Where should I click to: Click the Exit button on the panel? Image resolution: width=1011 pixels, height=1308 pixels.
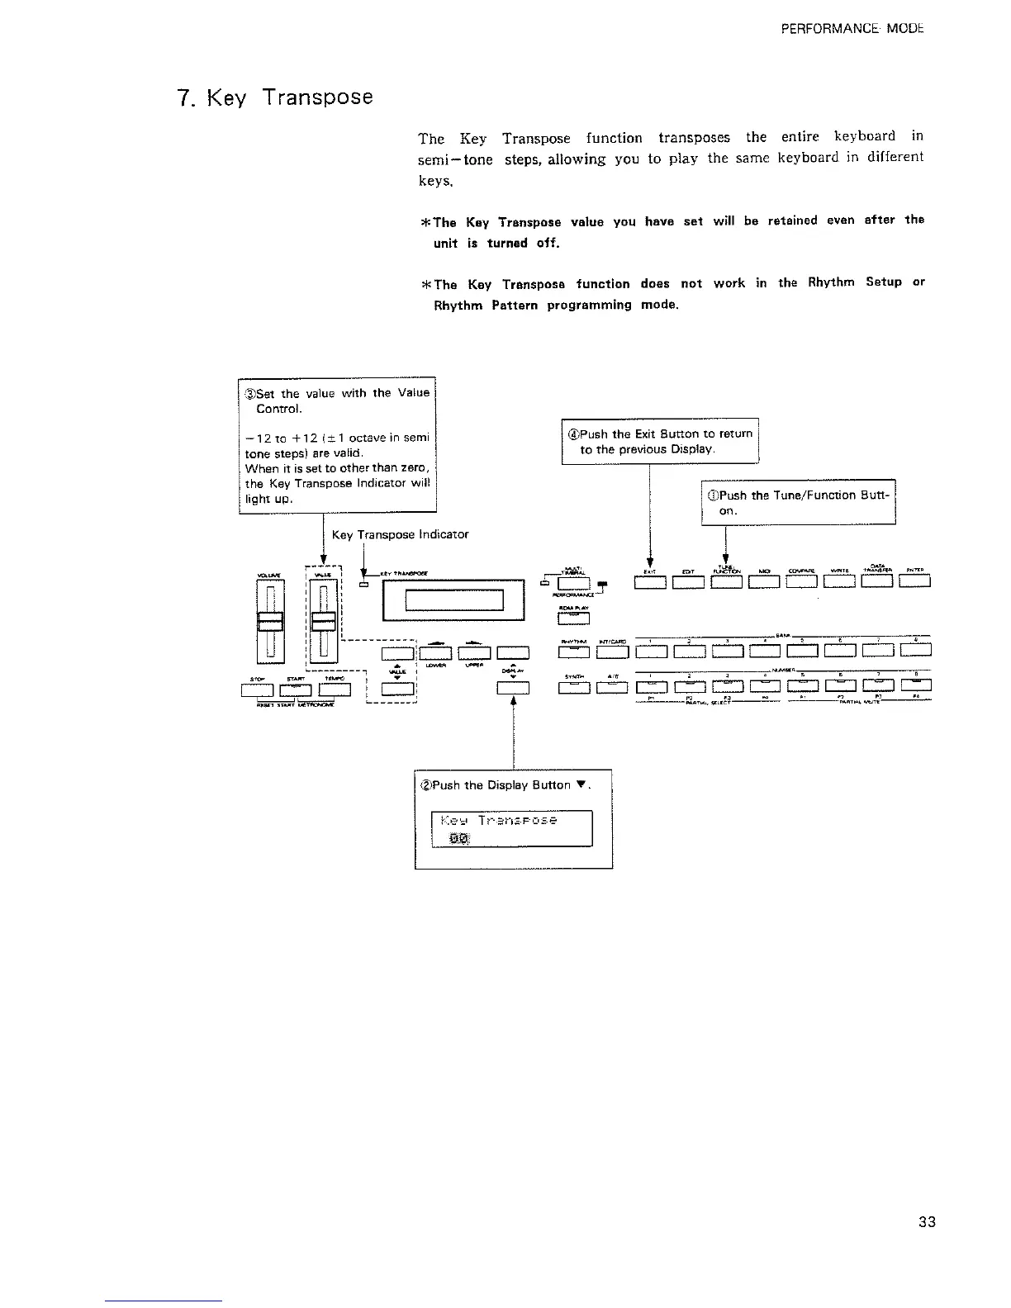coord(650,583)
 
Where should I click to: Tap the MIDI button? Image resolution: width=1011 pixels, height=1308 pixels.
coord(764,583)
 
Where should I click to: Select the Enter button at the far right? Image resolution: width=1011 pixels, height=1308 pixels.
coord(915,583)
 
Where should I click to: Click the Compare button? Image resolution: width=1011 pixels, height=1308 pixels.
coord(802,583)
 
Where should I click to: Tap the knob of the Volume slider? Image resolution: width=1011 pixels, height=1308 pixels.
coord(271,621)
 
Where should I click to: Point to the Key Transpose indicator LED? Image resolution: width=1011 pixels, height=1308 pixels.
coord(364,585)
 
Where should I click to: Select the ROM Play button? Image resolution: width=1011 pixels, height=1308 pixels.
coord(574,618)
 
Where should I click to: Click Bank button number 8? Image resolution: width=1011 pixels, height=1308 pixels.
coord(916,650)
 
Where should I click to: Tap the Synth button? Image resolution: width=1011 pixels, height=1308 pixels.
coord(574,686)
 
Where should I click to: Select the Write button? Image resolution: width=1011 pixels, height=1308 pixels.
coord(840,583)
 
